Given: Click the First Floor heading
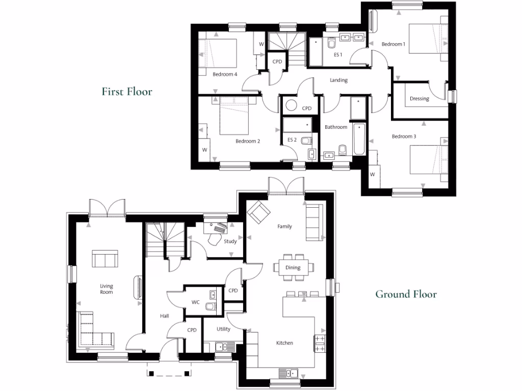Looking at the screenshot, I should (126, 92).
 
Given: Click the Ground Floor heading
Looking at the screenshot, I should (406, 294).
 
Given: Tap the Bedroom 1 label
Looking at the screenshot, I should (393, 44).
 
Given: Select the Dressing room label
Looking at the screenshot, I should (419, 99).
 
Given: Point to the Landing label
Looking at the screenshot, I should (338, 80).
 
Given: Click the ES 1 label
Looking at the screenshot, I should (337, 54).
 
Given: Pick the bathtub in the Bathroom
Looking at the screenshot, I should (358, 139).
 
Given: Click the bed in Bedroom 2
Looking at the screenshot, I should (233, 117).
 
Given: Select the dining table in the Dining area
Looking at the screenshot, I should (293, 267).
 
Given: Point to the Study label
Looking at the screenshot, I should (230, 241).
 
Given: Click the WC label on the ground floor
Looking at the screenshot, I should (195, 302).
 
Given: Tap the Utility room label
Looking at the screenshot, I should (223, 329).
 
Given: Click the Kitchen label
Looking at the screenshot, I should (284, 343).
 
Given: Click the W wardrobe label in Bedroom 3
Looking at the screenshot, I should (372, 174).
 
